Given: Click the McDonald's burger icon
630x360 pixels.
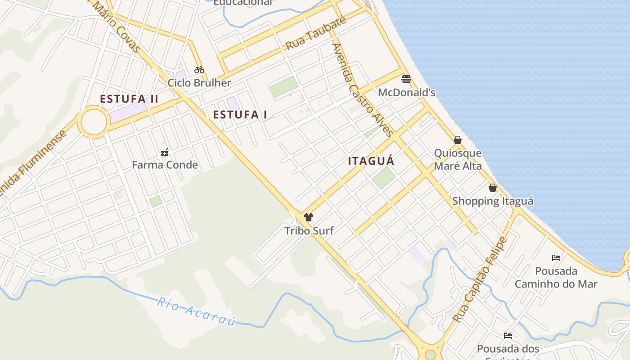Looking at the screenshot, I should [406, 79].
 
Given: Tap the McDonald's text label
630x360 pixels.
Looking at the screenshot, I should [406, 93].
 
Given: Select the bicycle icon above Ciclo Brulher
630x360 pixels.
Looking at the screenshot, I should [199, 70].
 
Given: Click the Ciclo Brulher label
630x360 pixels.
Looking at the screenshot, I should [199, 83].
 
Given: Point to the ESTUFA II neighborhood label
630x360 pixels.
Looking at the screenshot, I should [129, 99].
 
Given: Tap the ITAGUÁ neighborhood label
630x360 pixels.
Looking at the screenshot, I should [371, 161].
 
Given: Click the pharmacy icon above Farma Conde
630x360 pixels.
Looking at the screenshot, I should [165, 152].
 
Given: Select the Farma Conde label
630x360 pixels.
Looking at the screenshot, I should [165, 165].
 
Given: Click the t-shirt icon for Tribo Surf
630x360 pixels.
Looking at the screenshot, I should [308, 217].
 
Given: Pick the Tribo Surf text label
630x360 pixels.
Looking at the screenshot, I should [309, 231].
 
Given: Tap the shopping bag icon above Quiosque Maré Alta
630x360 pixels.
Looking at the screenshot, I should [458, 140].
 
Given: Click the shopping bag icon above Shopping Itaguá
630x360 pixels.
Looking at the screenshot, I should [493, 188].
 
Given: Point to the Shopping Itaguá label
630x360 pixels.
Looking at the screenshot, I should [493, 201].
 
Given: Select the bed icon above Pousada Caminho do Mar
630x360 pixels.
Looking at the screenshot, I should [556, 258].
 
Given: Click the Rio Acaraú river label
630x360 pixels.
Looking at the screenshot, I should [197, 310].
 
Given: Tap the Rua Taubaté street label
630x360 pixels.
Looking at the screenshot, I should [316, 33].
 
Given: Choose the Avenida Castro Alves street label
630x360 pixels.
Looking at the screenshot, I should [362, 89].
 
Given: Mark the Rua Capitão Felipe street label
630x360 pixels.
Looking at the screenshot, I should [480, 279].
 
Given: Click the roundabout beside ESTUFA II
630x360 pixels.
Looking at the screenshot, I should [94, 121].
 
